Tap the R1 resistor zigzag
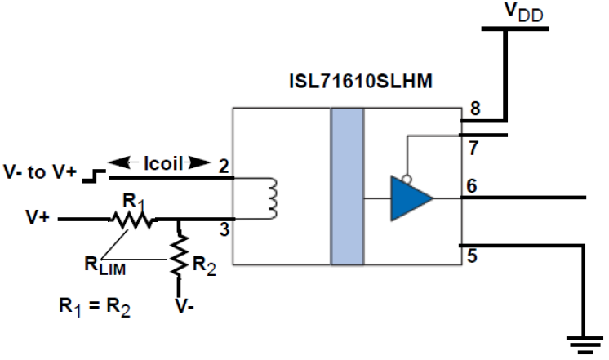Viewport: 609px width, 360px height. (133, 219)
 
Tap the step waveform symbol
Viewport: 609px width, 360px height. (98, 174)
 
